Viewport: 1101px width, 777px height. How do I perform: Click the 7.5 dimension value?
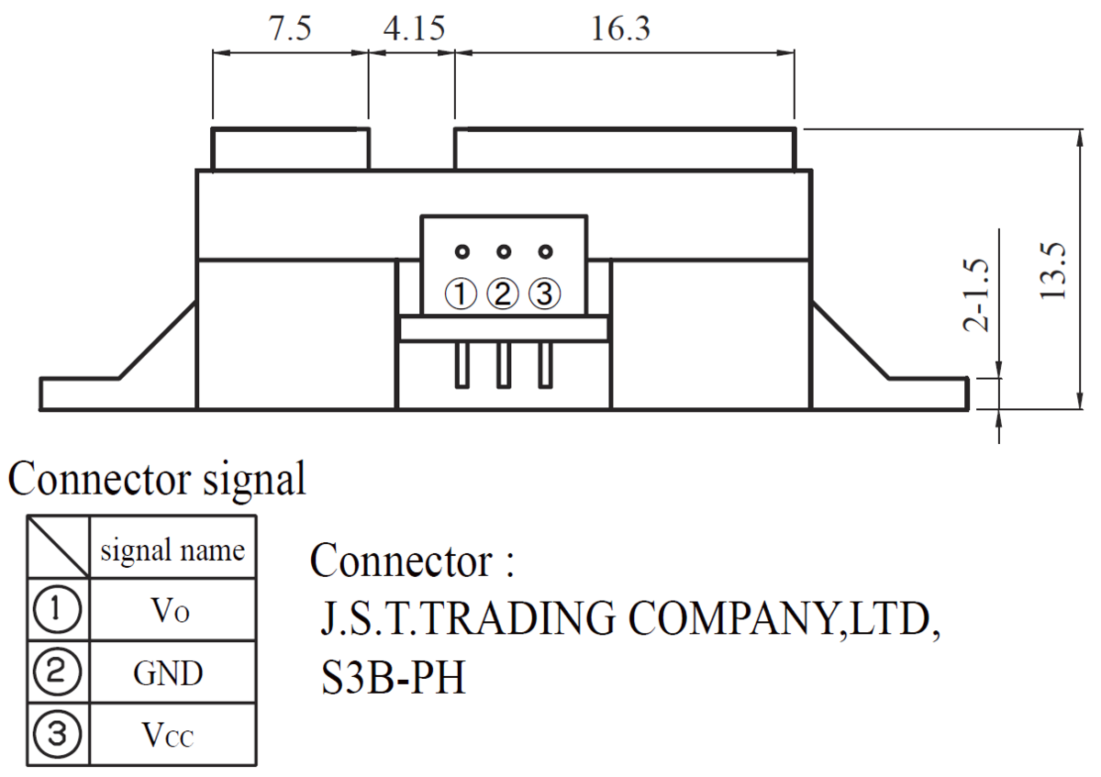[x=290, y=29]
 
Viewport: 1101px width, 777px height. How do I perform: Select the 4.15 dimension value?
[x=413, y=29]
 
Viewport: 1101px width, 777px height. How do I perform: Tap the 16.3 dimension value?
[x=620, y=29]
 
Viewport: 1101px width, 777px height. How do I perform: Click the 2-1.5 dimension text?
[x=978, y=294]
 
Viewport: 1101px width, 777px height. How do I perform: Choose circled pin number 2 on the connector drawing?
[x=503, y=294]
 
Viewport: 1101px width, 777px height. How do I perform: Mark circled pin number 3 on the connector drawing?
[x=545, y=294]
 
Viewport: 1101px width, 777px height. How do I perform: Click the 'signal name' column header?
[x=172, y=550]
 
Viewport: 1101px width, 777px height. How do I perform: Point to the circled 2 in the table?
[x=58, y=674]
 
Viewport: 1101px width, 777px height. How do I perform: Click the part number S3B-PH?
[x=393, y=680]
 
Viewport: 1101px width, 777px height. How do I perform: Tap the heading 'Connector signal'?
[x=156, y=480]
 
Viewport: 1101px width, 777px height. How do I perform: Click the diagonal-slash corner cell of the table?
[x=58, y=547]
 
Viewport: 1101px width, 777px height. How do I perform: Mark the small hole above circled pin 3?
[x=546, y=251]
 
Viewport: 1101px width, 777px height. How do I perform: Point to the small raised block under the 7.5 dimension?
[x=291, y=149]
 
